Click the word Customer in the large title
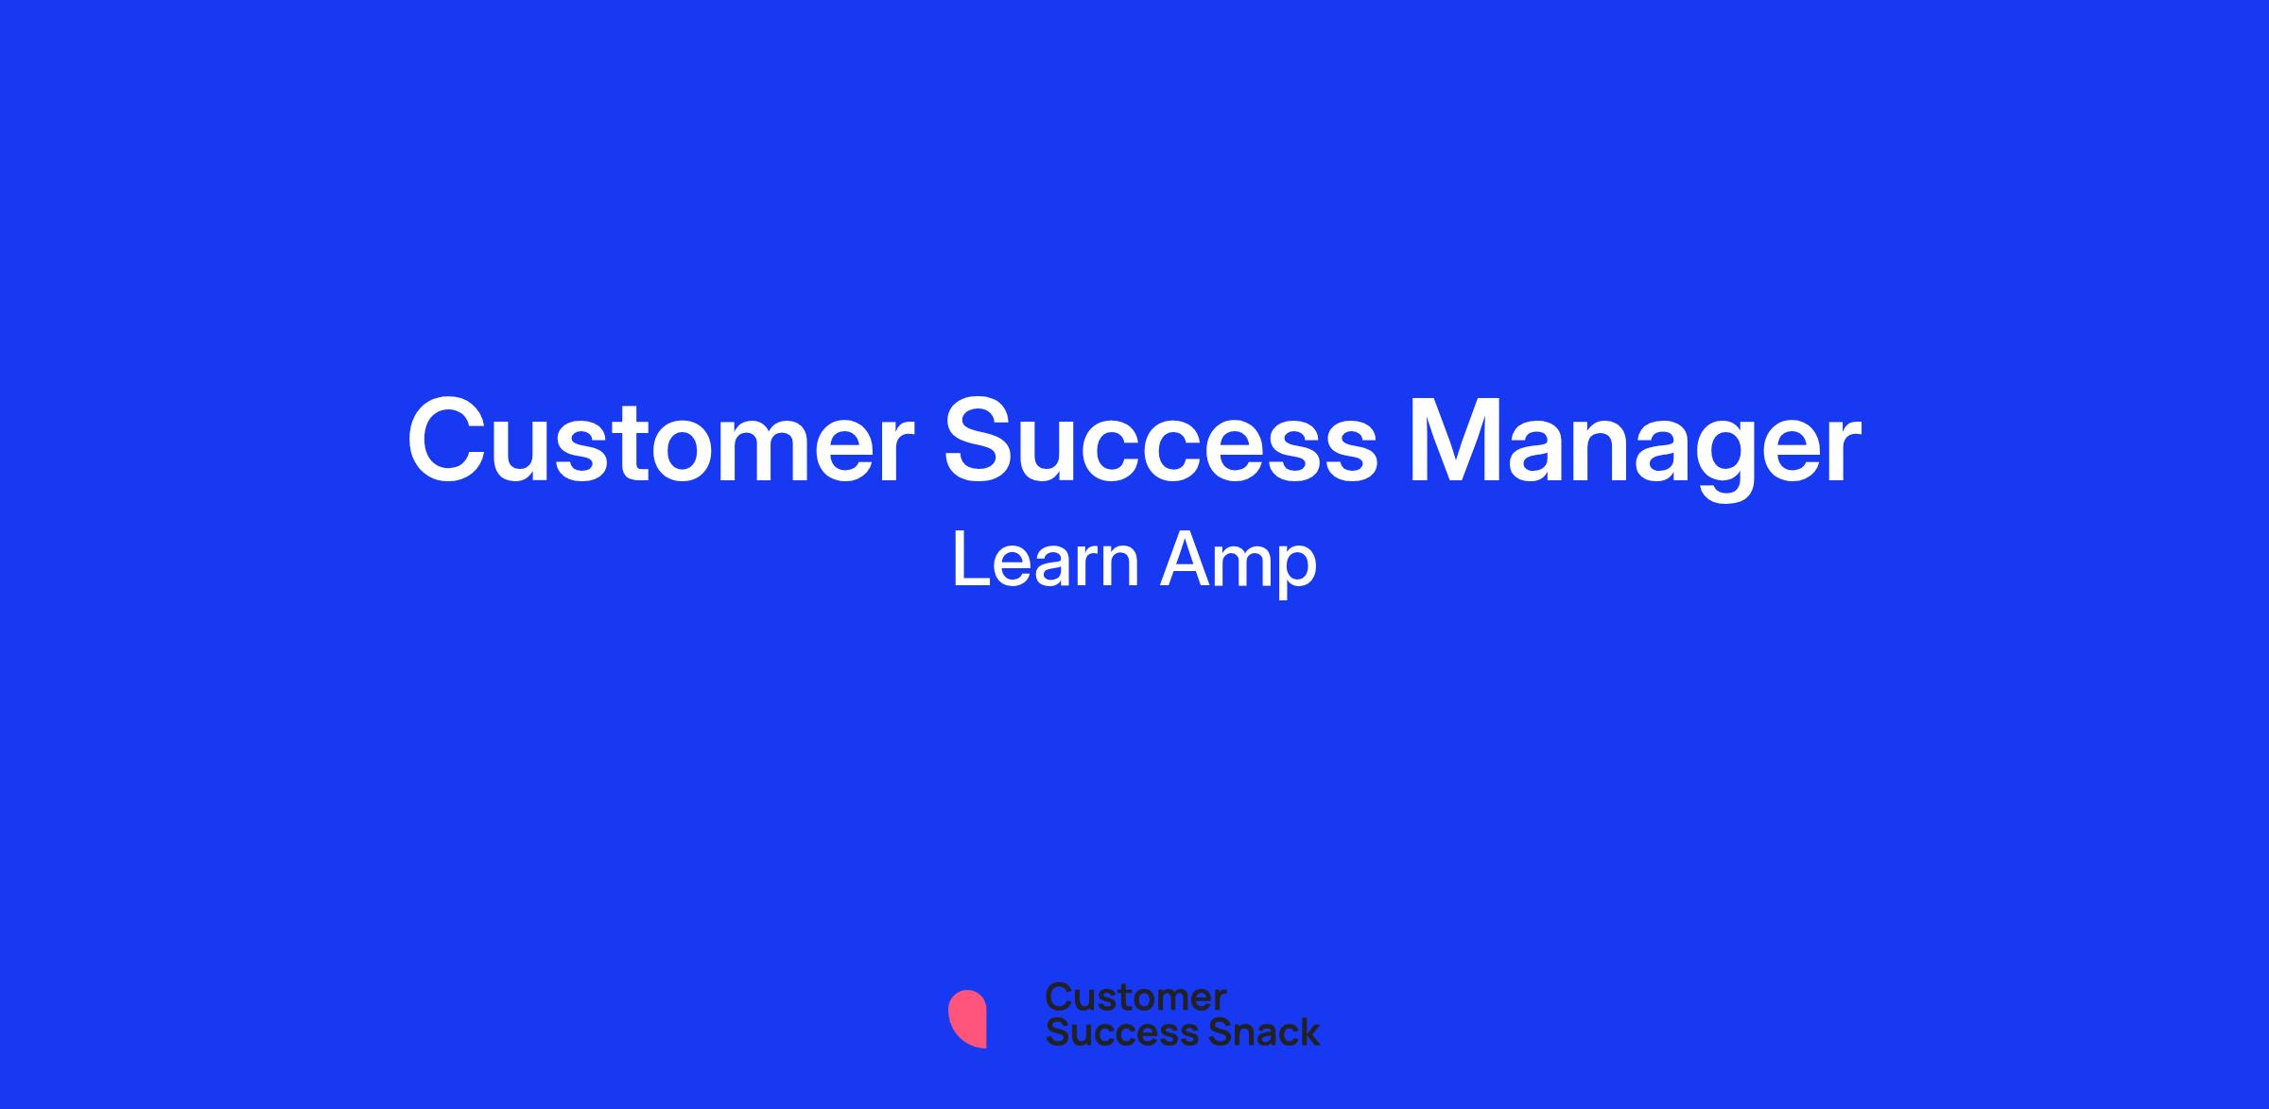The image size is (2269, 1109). tap(661, 442)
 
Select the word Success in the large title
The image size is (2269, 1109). tap(1161, 442)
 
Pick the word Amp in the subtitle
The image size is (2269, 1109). tap(1238, 563)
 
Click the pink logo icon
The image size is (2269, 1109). tap(967, 1019)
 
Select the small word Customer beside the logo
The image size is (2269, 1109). tap(1135, 997)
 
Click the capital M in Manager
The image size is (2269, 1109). tap(1454, 442)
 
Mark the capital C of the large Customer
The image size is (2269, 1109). tap(449, 442)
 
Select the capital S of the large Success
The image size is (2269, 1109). tap(982, 442)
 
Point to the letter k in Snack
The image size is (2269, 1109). tap(1307, 1032)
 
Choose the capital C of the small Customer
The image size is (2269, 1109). tap(1060, 997)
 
